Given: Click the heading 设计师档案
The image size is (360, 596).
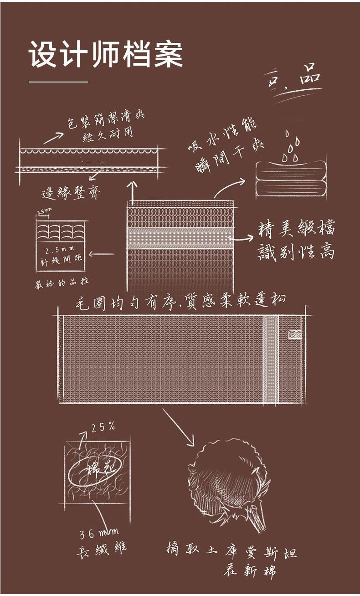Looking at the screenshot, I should [106, 55].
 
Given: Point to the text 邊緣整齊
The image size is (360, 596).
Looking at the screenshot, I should [71, 193].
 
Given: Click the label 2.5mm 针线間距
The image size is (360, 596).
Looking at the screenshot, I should [61, 256].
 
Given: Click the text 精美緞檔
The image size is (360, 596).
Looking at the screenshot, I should [296, 228].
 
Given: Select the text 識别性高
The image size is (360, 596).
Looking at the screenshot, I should [296, 251].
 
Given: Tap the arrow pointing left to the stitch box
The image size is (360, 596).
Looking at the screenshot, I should [102, 254].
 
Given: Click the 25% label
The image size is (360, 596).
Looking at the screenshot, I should [103, 427].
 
